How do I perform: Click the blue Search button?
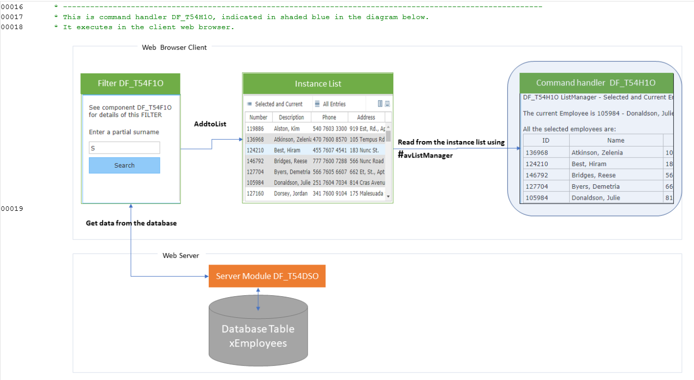tap(124, 165)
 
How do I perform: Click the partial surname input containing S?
tap(124, 148)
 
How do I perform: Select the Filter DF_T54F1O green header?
tap(130, 83)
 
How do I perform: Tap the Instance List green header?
tap(318, 83)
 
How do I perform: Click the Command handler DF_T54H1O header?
tap(595, 83)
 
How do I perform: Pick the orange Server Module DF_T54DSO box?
tap(267, 276)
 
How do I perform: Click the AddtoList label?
tap(210, 124)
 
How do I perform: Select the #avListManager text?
tap(425, 155)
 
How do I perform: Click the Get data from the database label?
tap(131, 223)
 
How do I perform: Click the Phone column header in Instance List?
tap(329, 117)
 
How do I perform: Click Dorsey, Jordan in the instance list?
tap(291, 193)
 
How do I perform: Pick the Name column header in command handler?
tap(615, 140)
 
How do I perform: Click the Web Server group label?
tap(181, 256)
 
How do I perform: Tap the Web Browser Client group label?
tap(174, 47)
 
